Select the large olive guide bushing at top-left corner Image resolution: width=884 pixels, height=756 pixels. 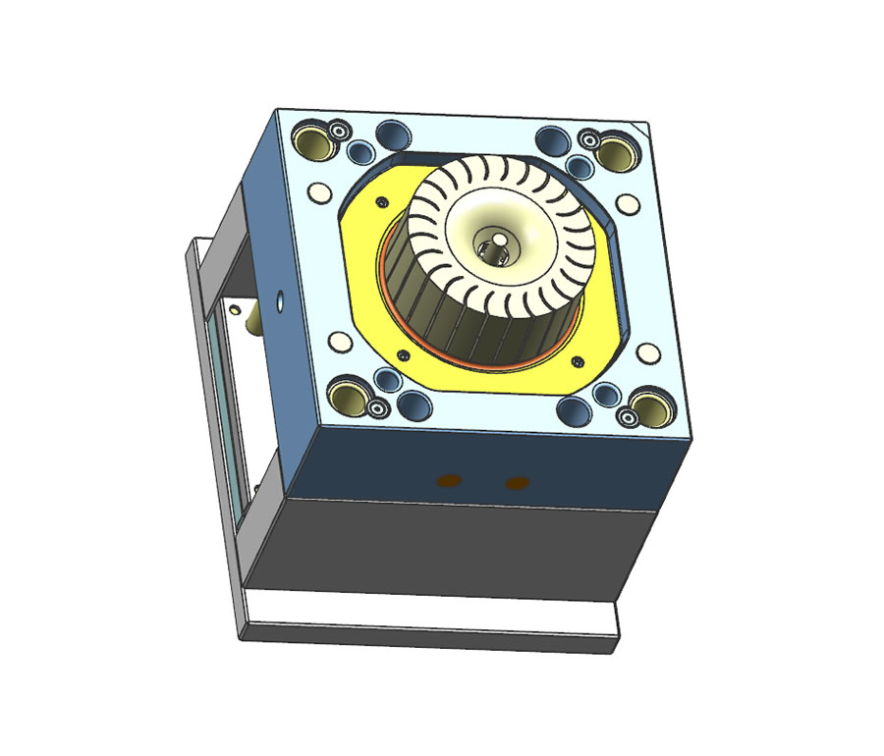point(313,142)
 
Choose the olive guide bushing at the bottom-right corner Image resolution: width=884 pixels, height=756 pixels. point(648,404)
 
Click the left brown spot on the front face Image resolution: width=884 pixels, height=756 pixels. point(448,479)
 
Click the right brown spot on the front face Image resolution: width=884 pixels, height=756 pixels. point(516,482)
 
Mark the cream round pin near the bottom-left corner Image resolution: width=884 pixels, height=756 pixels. point(341,341)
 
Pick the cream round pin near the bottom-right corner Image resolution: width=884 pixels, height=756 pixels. point(646,351)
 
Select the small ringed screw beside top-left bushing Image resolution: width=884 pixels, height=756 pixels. point(340,131)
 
